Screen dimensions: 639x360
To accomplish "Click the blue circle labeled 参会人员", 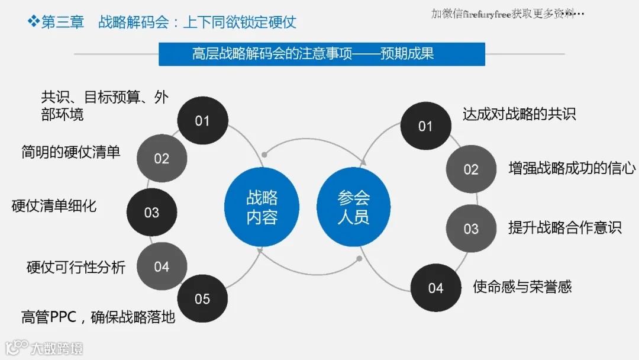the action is coord(354,207).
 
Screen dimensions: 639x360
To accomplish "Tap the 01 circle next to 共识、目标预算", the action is coord(202,121).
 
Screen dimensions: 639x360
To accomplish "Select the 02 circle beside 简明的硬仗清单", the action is coord(162,158).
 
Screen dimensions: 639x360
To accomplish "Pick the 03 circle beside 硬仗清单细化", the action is coord(151,212).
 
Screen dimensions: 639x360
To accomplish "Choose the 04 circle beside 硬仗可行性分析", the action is coord(162,266).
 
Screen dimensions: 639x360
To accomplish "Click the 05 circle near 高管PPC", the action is coord(202,298).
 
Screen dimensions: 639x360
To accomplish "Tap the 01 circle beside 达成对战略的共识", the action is coord(425,126).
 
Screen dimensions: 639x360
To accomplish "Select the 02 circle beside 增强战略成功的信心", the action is coord(471,169).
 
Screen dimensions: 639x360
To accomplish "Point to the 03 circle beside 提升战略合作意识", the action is coord(471,229).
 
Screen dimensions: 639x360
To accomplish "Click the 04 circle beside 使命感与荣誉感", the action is coord(435,288).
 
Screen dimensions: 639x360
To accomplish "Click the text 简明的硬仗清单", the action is coord(71,152).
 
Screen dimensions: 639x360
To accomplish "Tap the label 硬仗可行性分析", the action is coord(76,267).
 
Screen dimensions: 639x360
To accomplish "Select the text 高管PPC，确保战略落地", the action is coord(98,317).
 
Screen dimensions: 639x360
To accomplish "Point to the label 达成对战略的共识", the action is coord(519,114).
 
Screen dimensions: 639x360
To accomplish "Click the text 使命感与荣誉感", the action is coord(522,287).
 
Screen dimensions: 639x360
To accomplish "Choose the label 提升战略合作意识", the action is coord(565,227).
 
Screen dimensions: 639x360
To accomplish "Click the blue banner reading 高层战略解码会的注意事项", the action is coord(322,54).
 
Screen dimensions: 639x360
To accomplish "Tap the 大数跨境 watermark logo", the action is coord(44,348).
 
